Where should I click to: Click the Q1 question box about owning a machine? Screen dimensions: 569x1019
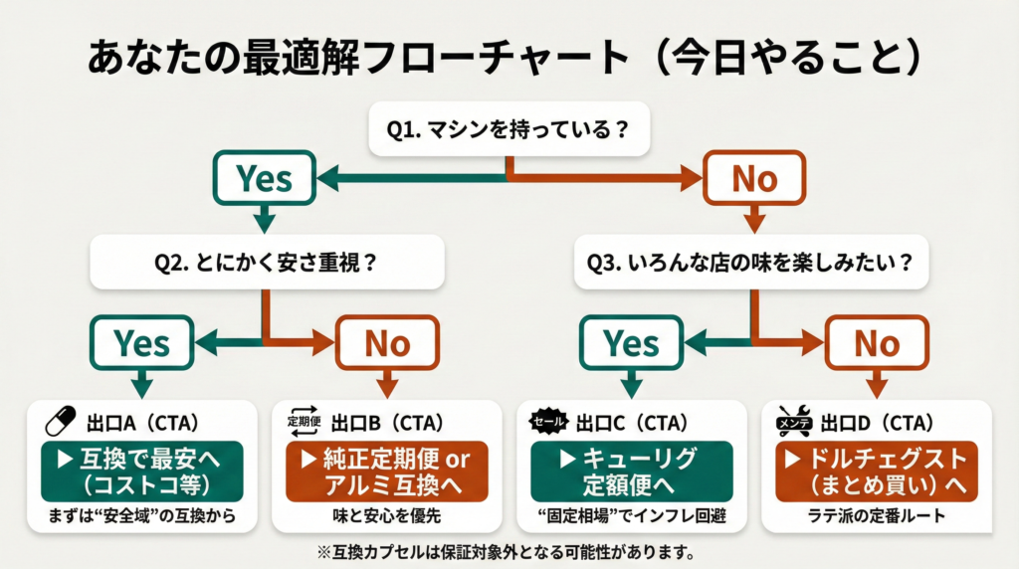tap(509, 129)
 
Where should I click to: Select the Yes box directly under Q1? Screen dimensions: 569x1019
tap(264, 179)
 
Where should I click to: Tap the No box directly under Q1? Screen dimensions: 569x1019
tap(753, 179)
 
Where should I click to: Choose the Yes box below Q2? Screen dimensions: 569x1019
tap(141, 343)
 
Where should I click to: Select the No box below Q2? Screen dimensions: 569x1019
tap(386, 343)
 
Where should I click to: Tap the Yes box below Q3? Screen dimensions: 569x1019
tap(631, 343)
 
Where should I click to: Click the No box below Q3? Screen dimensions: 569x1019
tap(877, 343)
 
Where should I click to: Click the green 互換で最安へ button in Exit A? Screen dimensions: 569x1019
tap(141, 471)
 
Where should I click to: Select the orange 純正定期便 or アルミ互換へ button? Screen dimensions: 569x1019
tap(386, 471)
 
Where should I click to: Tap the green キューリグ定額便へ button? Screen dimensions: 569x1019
tap(631, 471)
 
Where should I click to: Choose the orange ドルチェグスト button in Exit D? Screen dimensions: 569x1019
tap(877, 471)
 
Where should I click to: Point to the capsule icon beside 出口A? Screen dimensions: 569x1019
tap(62, 422)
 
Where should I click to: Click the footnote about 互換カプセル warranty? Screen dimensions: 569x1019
tap(509, 550)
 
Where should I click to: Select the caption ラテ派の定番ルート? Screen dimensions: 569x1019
tap(877, 517)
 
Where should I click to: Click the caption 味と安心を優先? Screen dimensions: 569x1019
tap(386, 517)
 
